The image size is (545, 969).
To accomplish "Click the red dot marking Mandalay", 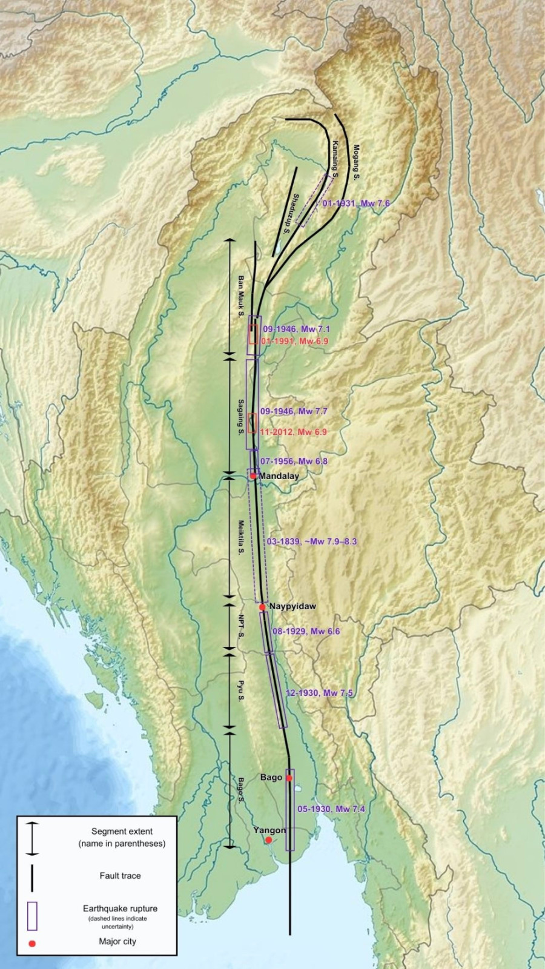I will tap(253, 476).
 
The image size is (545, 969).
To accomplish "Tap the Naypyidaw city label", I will tap(292, 606).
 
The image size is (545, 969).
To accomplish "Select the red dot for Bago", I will tap(289, 778).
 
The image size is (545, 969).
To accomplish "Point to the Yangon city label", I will tap(269, 830).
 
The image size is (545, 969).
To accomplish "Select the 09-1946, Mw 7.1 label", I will tap(296, 329).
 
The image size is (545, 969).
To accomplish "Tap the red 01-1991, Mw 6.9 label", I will tap(294, 342).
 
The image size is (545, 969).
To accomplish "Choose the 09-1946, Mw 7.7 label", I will tap(294, 411).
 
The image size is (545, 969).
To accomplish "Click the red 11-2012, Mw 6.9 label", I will tap(293, 432).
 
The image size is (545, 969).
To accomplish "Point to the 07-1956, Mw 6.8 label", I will tap(294, 461).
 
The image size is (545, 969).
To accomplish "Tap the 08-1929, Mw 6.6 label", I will tap(306, 631).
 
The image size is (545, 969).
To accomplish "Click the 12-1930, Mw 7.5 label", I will tap(319, 693).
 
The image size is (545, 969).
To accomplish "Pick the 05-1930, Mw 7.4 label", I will tap(331, 809).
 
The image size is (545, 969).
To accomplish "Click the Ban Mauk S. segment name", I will tap(240, 297).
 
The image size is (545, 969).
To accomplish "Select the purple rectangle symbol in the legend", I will tap(32, 916).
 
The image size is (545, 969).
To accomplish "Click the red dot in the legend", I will tap(32, 944).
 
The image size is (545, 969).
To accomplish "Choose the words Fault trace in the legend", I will tap(120, 876).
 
